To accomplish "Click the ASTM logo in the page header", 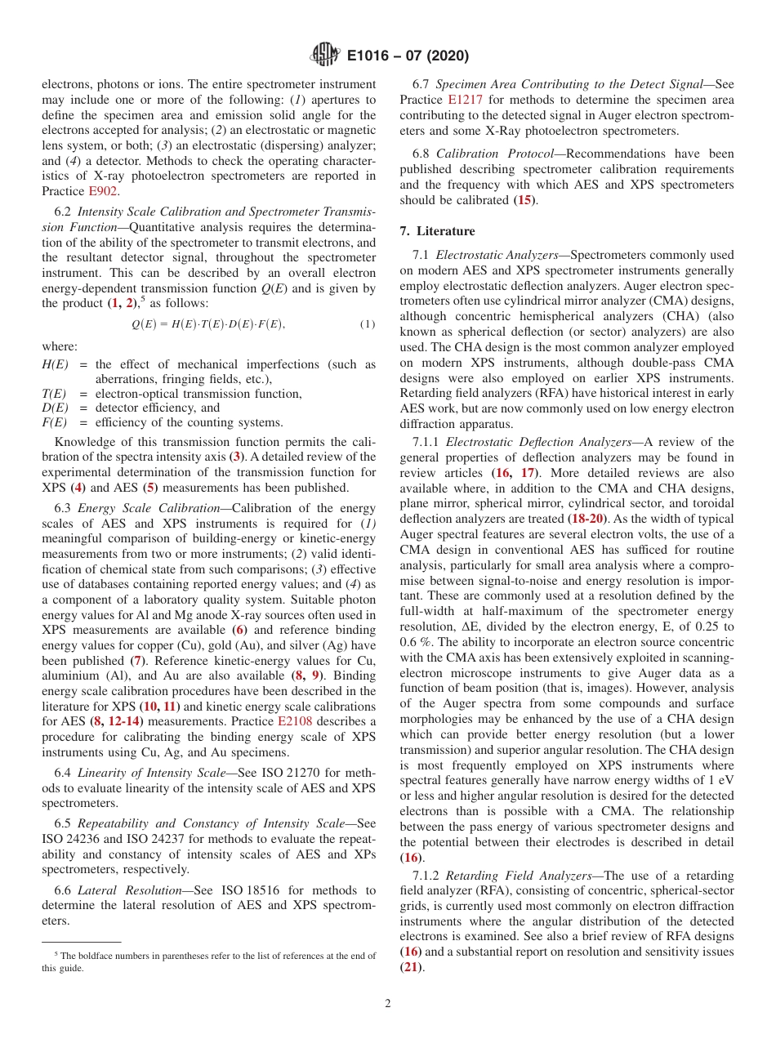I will tap(325, 56).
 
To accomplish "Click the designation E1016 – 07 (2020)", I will tap(408, 56).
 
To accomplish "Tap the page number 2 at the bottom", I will tap(388, 1003).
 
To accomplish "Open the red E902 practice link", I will tap(103, 191).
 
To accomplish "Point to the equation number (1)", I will tap(368, 324).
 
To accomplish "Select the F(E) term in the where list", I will tap(54, 422).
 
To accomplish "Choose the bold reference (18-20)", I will tap(588, 519).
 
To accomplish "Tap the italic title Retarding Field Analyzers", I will tap(519, 876).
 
